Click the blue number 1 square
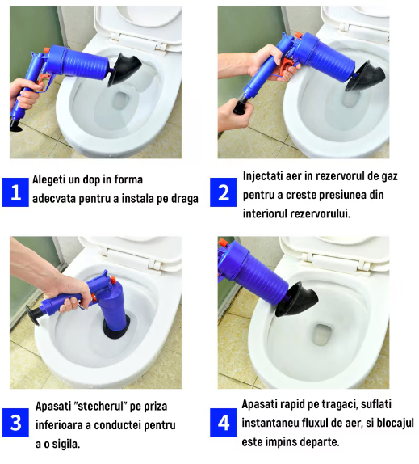click(15, 192)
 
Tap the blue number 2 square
click(224, 192)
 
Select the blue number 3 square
click(15, 423)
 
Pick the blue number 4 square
click(224, 423)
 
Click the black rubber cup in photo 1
click(124, 70)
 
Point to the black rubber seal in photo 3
click(116, 327)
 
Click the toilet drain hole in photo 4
click(323, 334)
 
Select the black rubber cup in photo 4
click(296, 299)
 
